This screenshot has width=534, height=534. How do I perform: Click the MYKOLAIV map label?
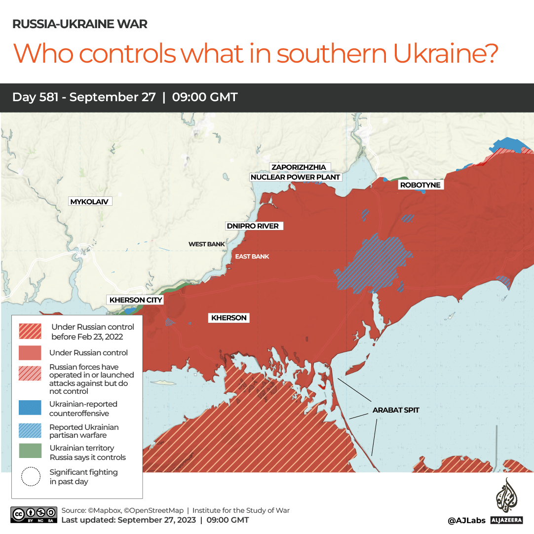coord(89,201)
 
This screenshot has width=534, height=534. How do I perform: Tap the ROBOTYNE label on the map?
coord(420,185)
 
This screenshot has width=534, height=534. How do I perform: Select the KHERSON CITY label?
coord(136,300)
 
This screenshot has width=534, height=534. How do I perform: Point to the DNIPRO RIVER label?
coord(252,226)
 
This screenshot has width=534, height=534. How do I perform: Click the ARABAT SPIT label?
coord(396,410)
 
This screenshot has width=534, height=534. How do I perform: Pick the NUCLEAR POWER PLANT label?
coord(296,177)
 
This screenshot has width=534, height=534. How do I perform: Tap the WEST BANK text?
coord(206,244)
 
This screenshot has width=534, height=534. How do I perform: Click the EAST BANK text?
coord(252,256)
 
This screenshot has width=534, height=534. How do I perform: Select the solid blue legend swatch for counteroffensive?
coord(30,408)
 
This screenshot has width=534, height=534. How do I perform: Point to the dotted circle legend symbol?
coord(31,476)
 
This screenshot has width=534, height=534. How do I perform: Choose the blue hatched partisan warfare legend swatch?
coord(30,430)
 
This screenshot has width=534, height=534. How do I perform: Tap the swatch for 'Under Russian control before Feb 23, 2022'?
coord(30,331)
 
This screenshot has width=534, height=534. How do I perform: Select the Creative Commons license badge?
coord(33,514)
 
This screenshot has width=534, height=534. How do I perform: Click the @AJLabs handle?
coord(466,520)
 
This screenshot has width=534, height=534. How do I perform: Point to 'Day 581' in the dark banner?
coord(36,97)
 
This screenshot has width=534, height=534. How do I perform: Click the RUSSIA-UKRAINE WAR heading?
coord(79,24)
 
